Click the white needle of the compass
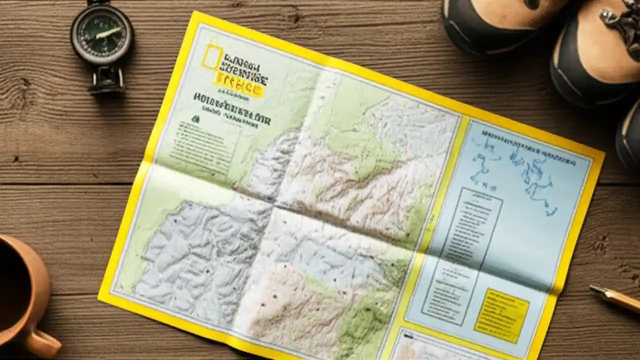107,34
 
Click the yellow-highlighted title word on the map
239,87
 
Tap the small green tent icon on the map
195,119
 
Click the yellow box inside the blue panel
501,315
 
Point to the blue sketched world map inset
520,170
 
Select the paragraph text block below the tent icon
200,145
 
